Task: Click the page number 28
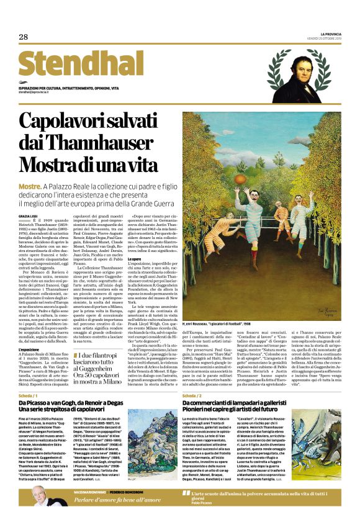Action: [x=24, y=37]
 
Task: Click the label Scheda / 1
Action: [x=27, y=395]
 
